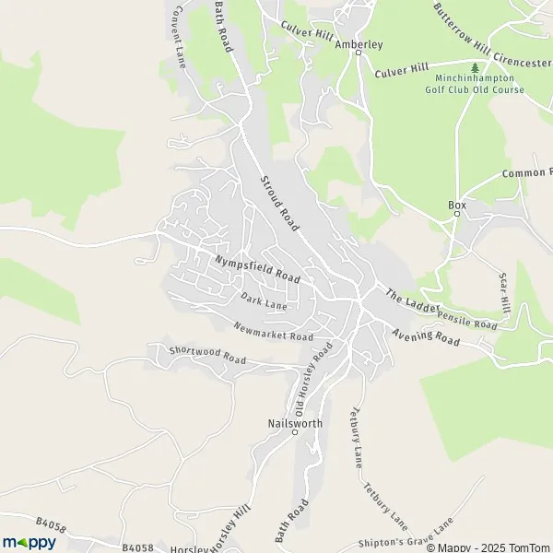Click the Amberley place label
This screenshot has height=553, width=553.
pyautogui.click(x=359, y=43)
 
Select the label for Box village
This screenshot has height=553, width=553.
pyautogui.click(x=456, y=204)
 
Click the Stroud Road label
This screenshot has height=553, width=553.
pyautogui.click(x=281, y=201)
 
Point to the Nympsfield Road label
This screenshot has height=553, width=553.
pyautogui.click(x=257, y=269)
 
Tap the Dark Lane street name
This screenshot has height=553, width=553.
pyautogui.click(x=264, y=301)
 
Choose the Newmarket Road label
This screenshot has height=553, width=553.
pyautogui.click(x=274, y=333)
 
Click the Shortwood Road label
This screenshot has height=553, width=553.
pyautogui.click(x=207, y=355)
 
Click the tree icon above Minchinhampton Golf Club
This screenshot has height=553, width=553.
pyautogui.click(x=475, y=67)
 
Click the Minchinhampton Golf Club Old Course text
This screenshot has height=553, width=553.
pyautogui.click(x=475, y=85)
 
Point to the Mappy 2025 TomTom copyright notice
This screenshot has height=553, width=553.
pyautogui.click(x=488, y=547)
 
